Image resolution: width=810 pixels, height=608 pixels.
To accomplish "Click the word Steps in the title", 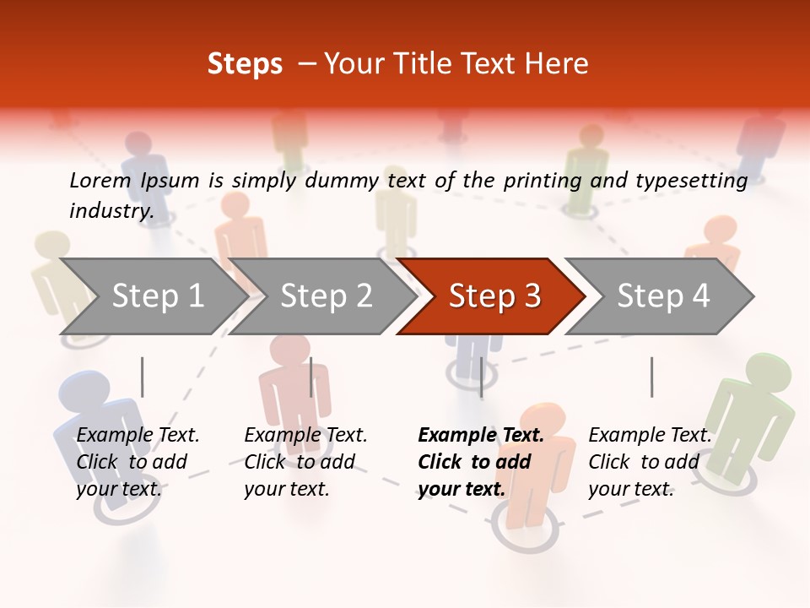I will pyautogui.click(x=245, y=64).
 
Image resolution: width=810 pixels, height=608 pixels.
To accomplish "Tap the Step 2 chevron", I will pyautogui.click(x=326, y=296).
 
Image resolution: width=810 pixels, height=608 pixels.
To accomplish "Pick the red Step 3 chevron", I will pyautogui.click(x=494, y=296).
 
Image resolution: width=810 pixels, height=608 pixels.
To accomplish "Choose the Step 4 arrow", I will pyautogui.click(x=662, y=296).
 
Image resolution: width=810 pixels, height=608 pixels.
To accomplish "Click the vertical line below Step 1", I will pyautogui.click(x=142, y=377).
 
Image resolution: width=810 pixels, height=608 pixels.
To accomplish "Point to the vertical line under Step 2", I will pyautogui.click(x=311, y=377).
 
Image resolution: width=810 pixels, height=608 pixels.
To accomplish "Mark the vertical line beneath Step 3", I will pyautogui.click(x=481, y=377).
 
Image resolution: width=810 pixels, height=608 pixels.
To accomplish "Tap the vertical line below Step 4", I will pyautogui.click(x=651, y=377).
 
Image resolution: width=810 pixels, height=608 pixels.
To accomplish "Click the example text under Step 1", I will pyautogui.click(x=138, y=462).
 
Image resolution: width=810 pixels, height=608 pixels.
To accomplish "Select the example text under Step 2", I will pyautogui.click(x=305, y=462).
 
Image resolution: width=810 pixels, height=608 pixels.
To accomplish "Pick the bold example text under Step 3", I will pyautogui.click(x=481, y=462).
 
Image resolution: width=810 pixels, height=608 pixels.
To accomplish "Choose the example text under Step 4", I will pyautogui.click(x=650, y=462).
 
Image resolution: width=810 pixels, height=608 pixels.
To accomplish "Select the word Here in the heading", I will pyautogui.click(x=557, y=64).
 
